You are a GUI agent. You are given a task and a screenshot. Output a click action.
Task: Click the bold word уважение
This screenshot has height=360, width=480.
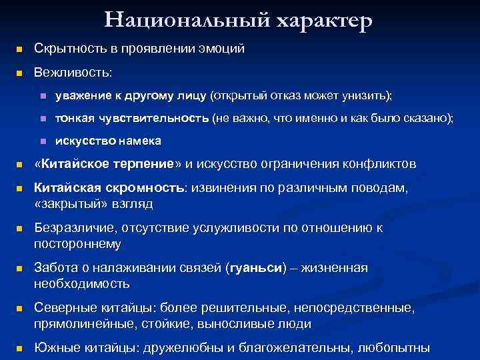point(85,97)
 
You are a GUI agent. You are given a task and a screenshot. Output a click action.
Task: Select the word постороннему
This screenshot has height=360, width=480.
point(77,243)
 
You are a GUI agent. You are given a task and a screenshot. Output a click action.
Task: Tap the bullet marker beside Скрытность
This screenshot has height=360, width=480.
point(19,49)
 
